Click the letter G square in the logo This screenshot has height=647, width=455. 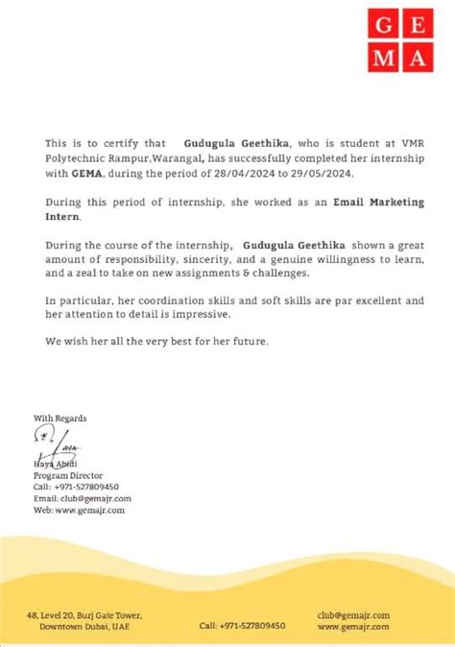pos(382,24)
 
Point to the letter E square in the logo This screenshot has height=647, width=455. pos(415,24)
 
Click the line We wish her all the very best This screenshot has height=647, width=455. pos(157,342)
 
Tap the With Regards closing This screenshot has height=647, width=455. pos(60,418)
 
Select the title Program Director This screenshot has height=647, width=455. pos(67,475)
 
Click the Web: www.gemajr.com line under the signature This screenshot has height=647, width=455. pos(79,510)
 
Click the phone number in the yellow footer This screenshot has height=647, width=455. pos(242,626)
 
